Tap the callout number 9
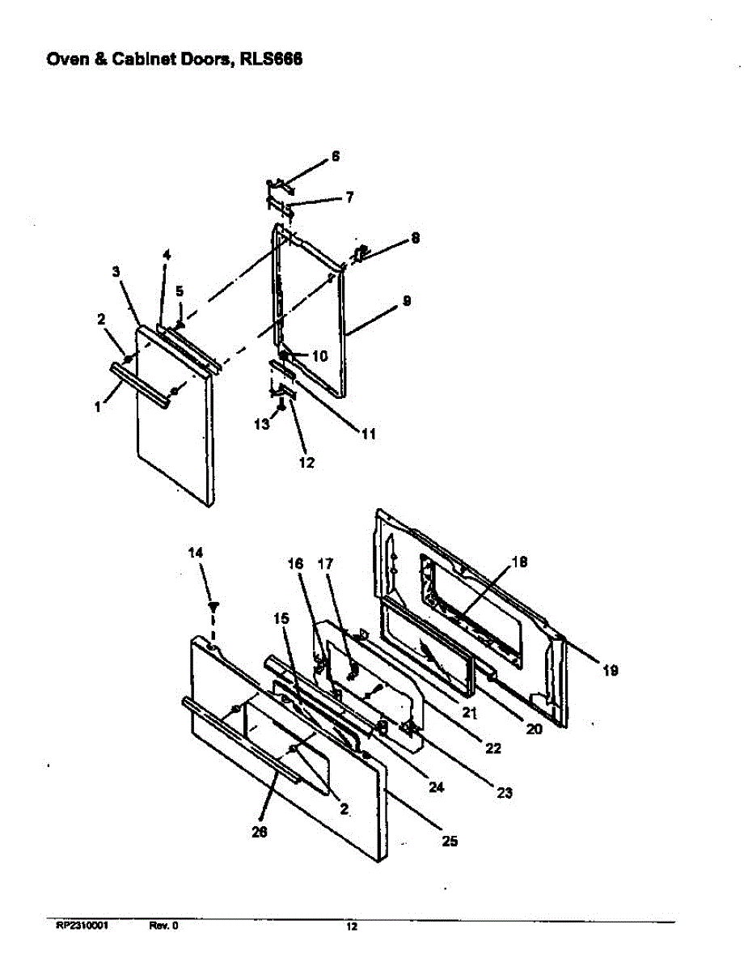coord(407,300)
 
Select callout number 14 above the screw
coord(196,552)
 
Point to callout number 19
coord(610,670)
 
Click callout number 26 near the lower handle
coord(260,830)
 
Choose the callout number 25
coord(450,841)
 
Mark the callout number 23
coord(504,793)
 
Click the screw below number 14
coord(214,605)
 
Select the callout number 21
coord(470,713)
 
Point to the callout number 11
coord(368,434)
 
